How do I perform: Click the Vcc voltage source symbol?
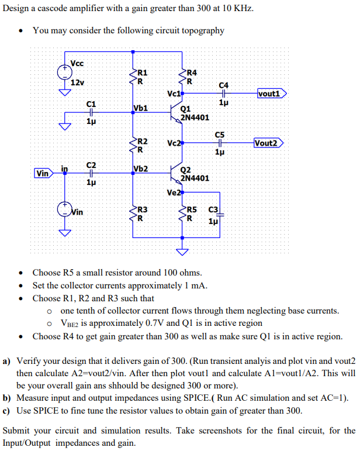coord(64,72)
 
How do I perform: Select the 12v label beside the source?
coord(77,82)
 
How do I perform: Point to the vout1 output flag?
coord(272,93)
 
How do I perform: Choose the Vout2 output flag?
coord(269,143)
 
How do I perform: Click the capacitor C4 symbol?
coord(222,94)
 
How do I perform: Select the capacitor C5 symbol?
coord(220,143)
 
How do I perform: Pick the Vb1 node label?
coord(141,108)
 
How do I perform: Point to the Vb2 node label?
coord(141,169)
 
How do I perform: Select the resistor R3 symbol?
coord(133,214)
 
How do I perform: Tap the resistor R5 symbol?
coord(183,214)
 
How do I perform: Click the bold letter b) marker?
coord(7,398)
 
